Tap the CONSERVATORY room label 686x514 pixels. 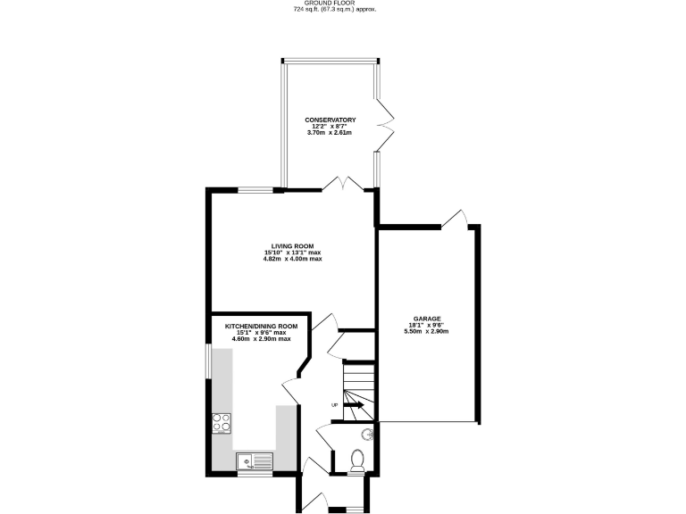(330, 120)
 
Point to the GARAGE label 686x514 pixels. (426, 318)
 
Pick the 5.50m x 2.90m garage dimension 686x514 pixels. (426, 331)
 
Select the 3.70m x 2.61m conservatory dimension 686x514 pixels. (330, 133)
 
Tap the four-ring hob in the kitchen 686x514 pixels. (221, 424)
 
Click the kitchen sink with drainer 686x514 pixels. (255, 461)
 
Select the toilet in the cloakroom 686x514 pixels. (357, 460)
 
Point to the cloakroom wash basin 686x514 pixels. (366, 435)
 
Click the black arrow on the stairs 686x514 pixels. (353, 405)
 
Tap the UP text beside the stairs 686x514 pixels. (335, 405)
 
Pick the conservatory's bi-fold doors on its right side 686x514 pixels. (384, 125)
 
